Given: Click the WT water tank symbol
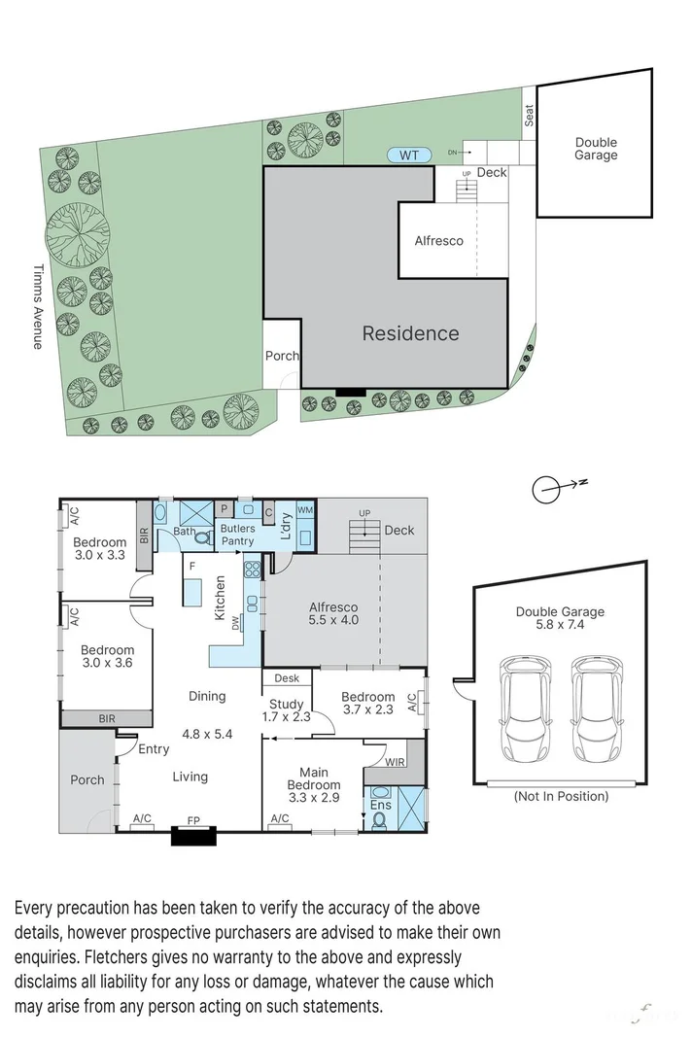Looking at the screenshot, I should coord(409,155).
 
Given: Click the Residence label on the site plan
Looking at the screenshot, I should coord(410,333).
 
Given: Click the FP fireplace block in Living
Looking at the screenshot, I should coord(193,835).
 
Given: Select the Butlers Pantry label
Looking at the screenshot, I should coord(238,535).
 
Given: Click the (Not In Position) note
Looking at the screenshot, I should coord(560,796).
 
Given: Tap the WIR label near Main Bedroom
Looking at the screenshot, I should coord(395,763).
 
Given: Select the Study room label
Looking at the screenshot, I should coord(286,704).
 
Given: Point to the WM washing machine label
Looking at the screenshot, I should coord(305,510).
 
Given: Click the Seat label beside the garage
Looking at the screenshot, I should coord(530,116).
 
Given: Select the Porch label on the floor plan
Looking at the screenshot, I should coord(87,779).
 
